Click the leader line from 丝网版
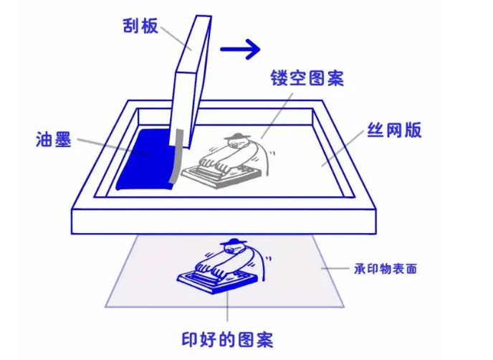[x=347, y=148]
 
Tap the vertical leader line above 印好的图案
[x=227, y=308]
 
